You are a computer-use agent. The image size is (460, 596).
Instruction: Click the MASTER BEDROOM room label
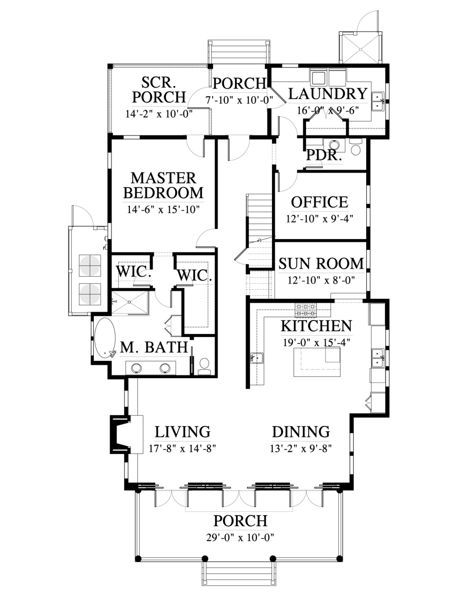(163, 186)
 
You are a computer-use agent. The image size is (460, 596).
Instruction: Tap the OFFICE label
(319, 202)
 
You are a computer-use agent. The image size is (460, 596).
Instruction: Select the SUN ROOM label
(321, 264)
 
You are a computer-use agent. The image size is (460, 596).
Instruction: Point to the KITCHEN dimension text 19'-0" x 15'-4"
(317, 343)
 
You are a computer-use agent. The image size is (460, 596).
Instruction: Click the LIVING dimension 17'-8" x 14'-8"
(183, 449)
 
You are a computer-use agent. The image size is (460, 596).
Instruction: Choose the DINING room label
(301, 432)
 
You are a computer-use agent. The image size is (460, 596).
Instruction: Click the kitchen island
(317, 362)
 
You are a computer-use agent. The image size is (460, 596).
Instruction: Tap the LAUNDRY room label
(328, 94)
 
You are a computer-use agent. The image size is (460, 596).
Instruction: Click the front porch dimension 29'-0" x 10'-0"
(240, 537)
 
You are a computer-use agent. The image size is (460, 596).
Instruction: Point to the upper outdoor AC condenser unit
(90, 266)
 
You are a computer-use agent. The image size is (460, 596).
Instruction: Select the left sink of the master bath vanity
(137, 368)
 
